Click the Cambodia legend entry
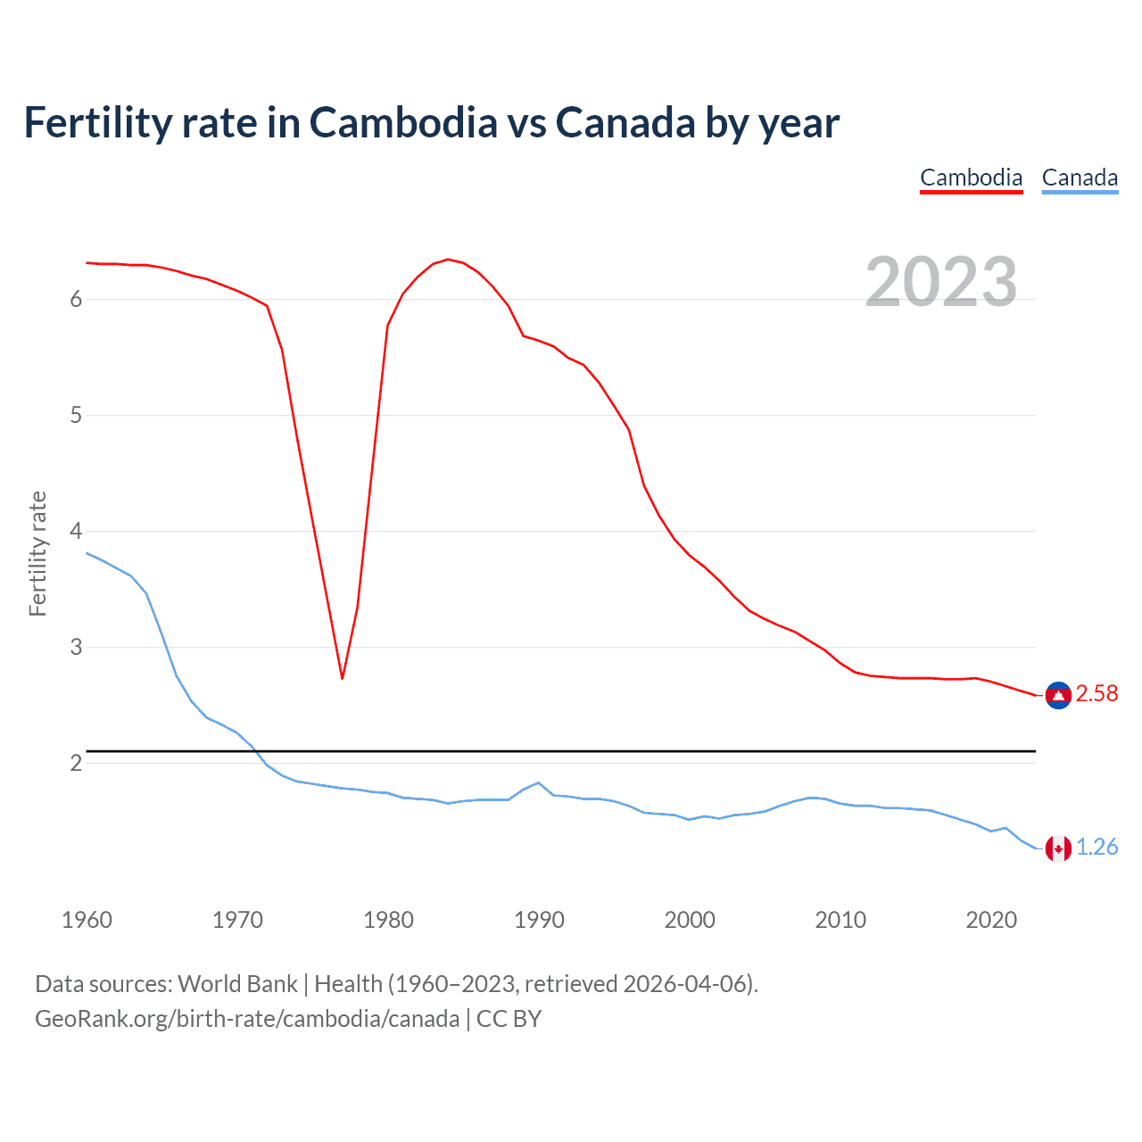tap(971, 178)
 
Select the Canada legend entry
tap(1080, 178)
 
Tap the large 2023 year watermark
tap(941, 282)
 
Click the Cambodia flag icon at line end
tap(1058, 695)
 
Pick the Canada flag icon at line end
tap(1058, 848)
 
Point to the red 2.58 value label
tap(1096, 694)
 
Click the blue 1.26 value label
tap(1096, 847)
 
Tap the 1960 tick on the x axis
tap(87, 920)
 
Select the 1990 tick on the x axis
tap(539, 920)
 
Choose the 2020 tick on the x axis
tap(991, 920)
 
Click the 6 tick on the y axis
tap(76, 300)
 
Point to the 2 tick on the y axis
tap(76, 764)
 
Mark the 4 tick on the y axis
tap(76, 532)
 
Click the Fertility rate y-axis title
tap(37, 553)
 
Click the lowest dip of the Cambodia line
tap(342, 678)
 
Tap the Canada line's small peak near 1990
tap(538, 782)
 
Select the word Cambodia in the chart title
tap(403, 123)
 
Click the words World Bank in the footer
tap(237, 984)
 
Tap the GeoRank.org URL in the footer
tap(247, 1019)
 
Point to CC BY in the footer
tap(509, 1019)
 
